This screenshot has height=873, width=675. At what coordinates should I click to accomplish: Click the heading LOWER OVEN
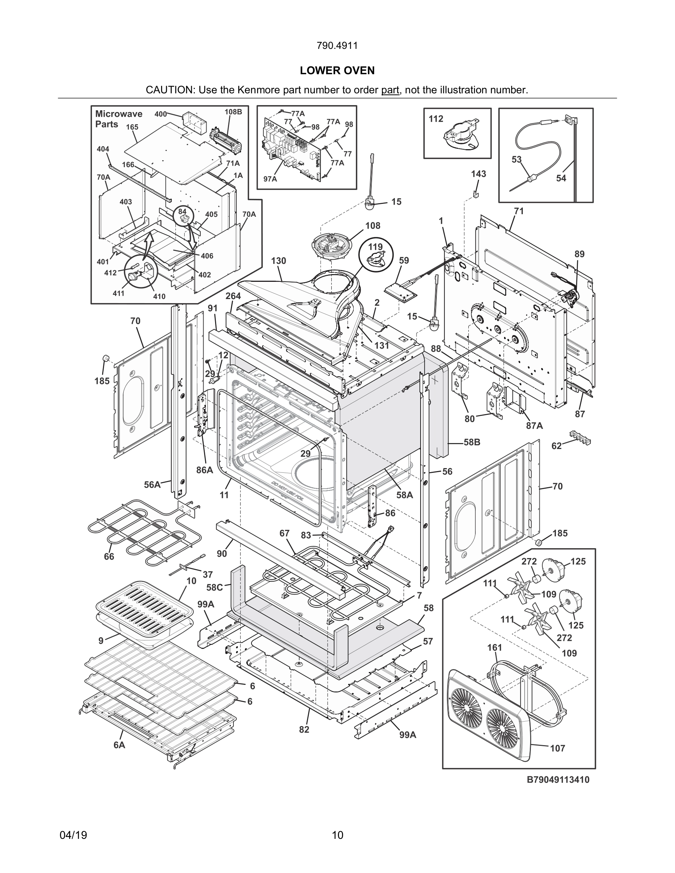(337, 71)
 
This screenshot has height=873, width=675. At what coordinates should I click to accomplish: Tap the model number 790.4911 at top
(337, 46)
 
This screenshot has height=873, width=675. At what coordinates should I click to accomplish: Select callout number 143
(478, 174)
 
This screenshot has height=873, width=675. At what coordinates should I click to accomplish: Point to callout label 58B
(472, 442)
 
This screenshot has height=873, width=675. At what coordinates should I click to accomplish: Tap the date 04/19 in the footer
(73, 835)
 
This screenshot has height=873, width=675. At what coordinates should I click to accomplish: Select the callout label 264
(233, 296)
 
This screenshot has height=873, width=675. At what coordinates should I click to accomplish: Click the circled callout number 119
(375, 247)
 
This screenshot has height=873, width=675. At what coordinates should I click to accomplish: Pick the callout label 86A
(204, 470)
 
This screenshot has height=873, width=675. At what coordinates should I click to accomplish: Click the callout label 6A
(119, 745)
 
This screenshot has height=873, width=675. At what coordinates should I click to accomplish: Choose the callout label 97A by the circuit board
(270, 179)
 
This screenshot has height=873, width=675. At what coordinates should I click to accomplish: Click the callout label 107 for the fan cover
(557, 748)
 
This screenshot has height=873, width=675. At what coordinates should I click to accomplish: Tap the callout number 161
(494, 647)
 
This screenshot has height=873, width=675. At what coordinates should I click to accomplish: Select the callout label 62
(557, 446)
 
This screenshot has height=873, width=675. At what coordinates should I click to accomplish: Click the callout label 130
(278, 261)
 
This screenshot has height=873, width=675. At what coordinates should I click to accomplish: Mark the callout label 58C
(214, 587)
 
